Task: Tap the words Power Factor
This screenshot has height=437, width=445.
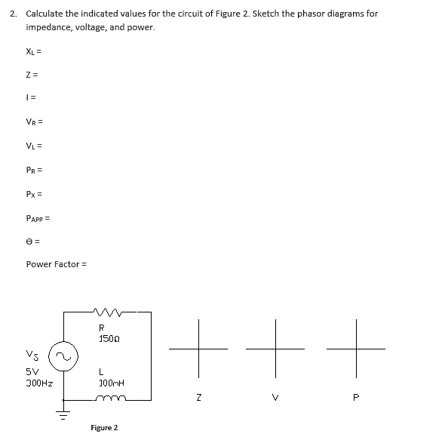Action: (x=53, y=264)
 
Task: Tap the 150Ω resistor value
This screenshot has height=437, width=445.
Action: (x=107, y=337)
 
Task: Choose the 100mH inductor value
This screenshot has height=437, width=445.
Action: (x=110, y=383)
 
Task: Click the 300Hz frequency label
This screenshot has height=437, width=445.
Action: (x=38, y=383)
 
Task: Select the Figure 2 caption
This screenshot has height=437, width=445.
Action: (x=104, y=428)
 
